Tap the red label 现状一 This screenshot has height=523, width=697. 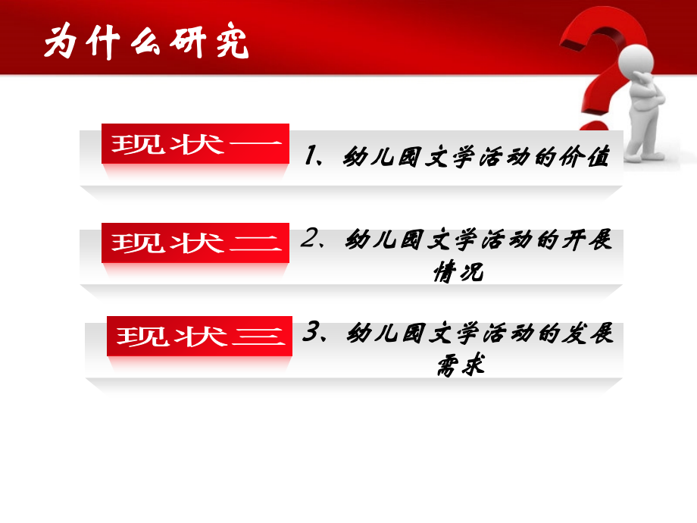click(195, 143)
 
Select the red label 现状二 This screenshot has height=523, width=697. click(195, 243)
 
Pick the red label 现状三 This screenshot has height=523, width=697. click(199, 335)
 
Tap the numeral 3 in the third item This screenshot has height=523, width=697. click(310, 333)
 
